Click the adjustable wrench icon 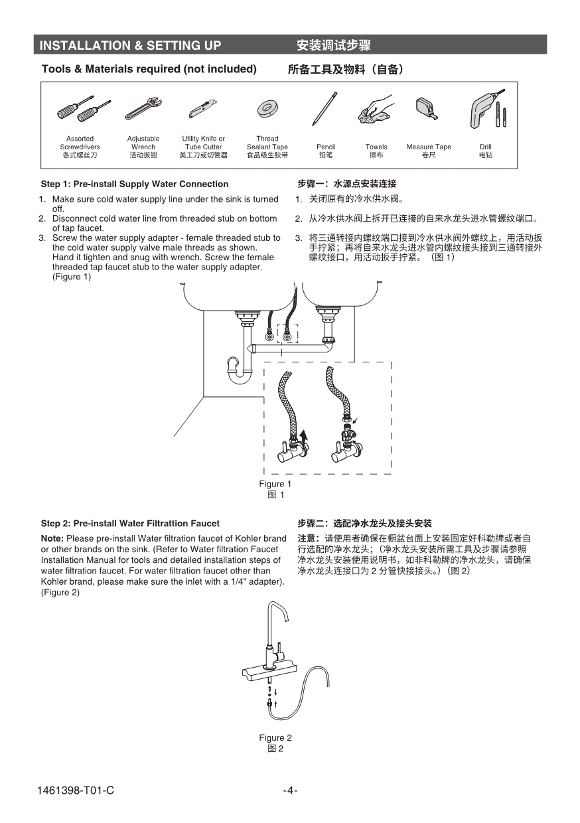coord(143,108)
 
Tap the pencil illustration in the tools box coord(325,109)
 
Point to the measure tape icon coord(427,108)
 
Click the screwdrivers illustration coord(82,108)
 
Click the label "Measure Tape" coord(428,147)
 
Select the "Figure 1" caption coord(275,484)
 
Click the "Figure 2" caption coord(275,737)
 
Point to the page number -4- coord(290,790)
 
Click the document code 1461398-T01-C coord(76,790)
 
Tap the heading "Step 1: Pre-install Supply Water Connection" coord(135,184)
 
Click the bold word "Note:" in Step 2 coord(52,538)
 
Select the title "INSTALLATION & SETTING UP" coord(130,45)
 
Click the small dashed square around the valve coord(287,334)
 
